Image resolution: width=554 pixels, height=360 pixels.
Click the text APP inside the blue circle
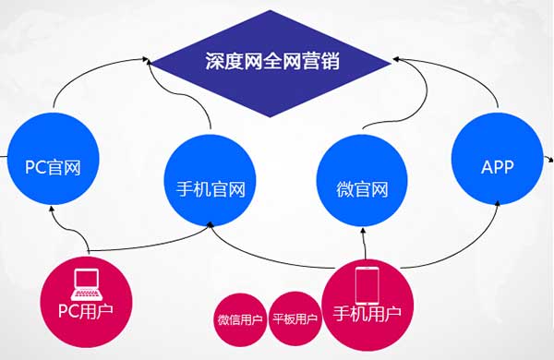[497, 168]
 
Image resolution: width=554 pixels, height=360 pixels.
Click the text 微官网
[361, 192]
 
